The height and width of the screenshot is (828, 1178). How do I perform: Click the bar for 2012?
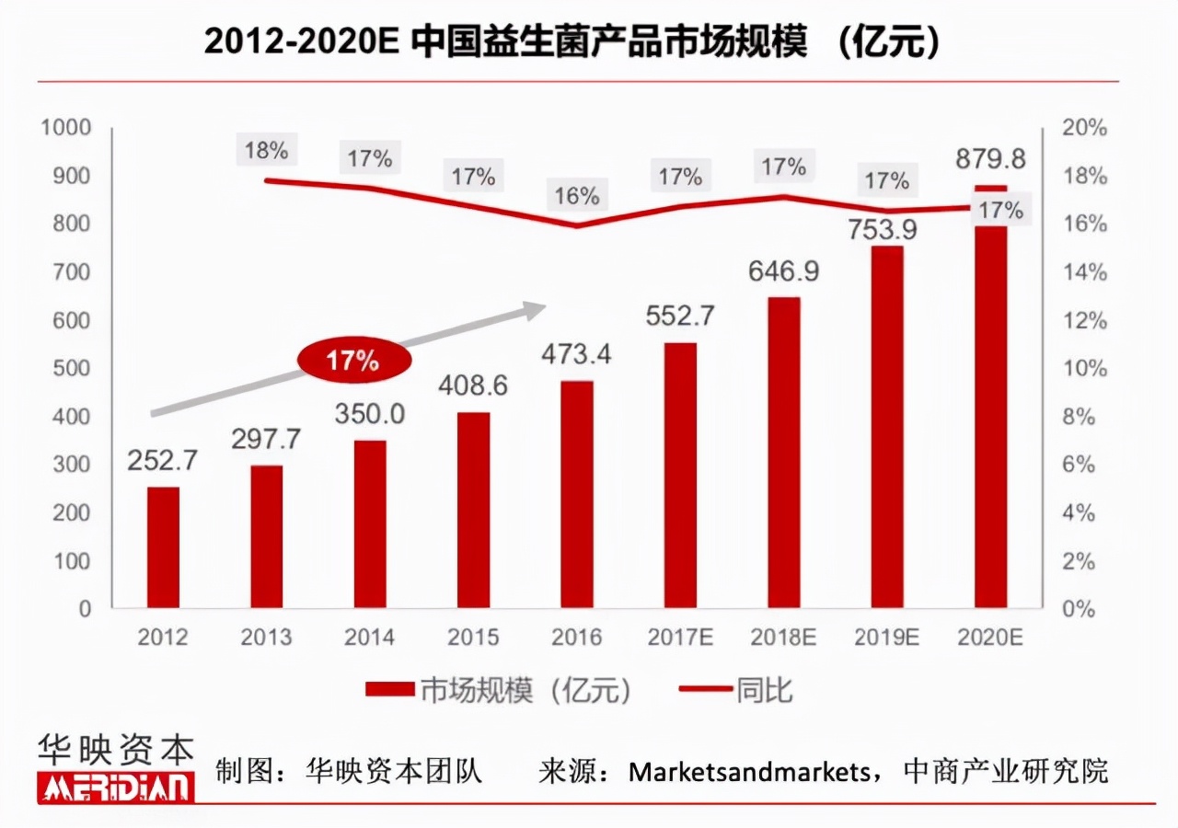164,547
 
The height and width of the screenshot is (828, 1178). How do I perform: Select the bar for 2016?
577,495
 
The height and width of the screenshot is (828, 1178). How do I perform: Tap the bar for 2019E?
887,427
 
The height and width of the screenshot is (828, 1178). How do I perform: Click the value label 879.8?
990,158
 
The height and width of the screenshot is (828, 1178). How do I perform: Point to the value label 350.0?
370,414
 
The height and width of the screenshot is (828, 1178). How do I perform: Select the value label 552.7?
680,316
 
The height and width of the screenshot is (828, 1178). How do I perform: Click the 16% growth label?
577,196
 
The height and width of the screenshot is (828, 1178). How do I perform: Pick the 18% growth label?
267,149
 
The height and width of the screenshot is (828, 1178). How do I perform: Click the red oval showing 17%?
352,361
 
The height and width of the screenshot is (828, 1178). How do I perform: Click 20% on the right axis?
1083,128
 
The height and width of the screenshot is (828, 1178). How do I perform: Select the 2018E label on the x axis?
784,637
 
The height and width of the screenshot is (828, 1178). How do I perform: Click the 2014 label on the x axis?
370,637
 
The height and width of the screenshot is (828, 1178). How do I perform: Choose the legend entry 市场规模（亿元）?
498,690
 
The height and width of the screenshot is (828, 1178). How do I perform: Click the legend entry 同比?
736,690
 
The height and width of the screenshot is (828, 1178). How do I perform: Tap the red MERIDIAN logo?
116,788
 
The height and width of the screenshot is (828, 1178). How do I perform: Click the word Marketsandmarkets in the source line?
748,771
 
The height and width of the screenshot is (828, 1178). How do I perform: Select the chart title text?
572,42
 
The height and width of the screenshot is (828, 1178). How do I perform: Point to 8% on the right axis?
1083,417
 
